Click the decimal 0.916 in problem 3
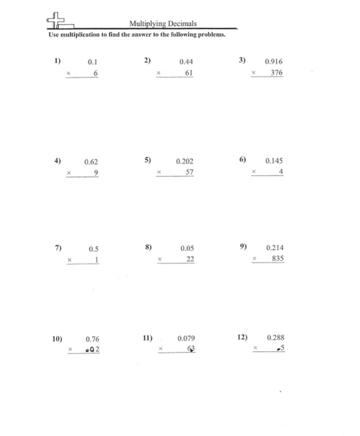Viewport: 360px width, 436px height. tap(273, 62)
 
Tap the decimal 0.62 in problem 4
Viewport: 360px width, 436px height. tap(92, 162)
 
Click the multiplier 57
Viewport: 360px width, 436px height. tap(189, 172)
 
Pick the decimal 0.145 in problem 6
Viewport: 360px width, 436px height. tap(275, 161)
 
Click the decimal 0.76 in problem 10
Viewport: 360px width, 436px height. tap(92, 339)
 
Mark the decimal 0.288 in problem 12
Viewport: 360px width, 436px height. tap(275, 338)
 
